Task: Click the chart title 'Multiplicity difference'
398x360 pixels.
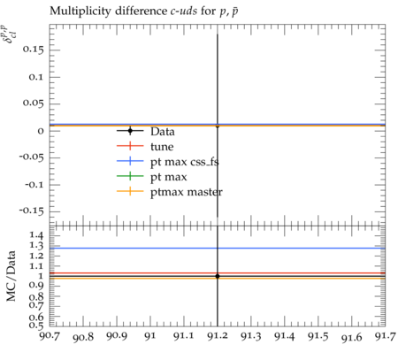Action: (x=108, y=11)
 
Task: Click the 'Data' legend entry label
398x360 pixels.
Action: (x=163, y=132)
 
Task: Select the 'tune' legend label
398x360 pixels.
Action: (x=162, y=147)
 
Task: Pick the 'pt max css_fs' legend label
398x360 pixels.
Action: (x=185, y=162)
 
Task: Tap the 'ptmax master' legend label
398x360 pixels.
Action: (x=187, y=192)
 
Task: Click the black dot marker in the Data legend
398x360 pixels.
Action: (x=130, y=131)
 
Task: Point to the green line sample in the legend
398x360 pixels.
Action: (x=130, y=176)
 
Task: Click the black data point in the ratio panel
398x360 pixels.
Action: (x=218, y=276)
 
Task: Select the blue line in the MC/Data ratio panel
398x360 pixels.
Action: (x=218, y=249)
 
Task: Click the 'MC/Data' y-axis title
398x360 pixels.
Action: (x=11, y=276)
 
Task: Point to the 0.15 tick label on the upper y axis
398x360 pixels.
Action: (x=33, y=50)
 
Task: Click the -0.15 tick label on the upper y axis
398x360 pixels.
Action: (x=32, y=211)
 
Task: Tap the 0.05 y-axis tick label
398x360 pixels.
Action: (x=33, y=103)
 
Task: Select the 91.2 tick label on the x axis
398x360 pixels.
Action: (x=218, y=336)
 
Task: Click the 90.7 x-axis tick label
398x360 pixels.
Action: (x=50, y=336)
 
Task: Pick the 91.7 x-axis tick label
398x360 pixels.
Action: (x=386, y=336)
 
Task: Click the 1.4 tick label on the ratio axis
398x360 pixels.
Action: (x=37, y=235)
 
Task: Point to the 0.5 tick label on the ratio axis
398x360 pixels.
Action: (x=36, y=326)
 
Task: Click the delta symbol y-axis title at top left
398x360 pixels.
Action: (x=11, y=34)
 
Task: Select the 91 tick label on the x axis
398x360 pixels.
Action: (x=150, y=336)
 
